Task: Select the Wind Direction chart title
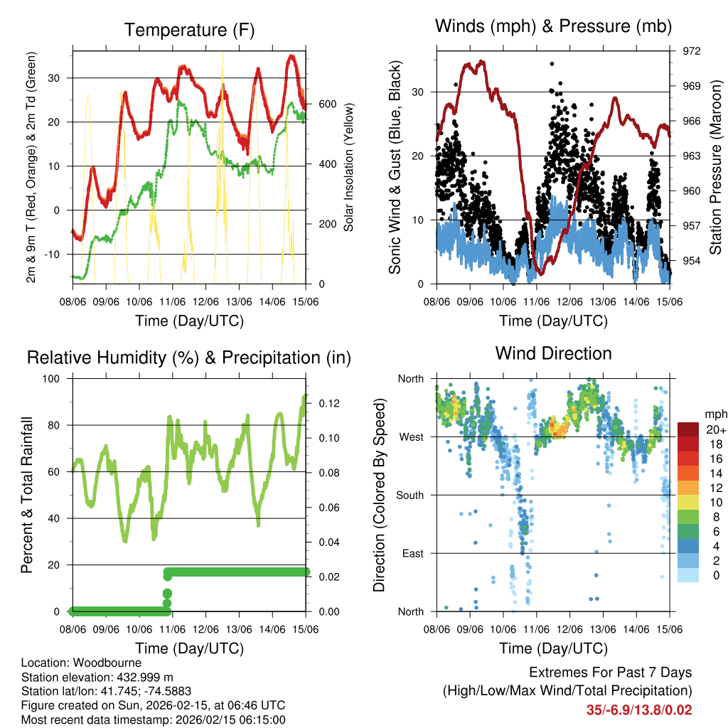tap(553, 353)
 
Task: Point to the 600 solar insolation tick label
tap(328, 104)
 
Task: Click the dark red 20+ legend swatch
tap(689, 429)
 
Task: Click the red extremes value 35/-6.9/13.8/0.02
tap(638, 710)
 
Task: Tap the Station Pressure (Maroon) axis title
tap(716, 167)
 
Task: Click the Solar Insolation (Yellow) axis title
tap(349, 167)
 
